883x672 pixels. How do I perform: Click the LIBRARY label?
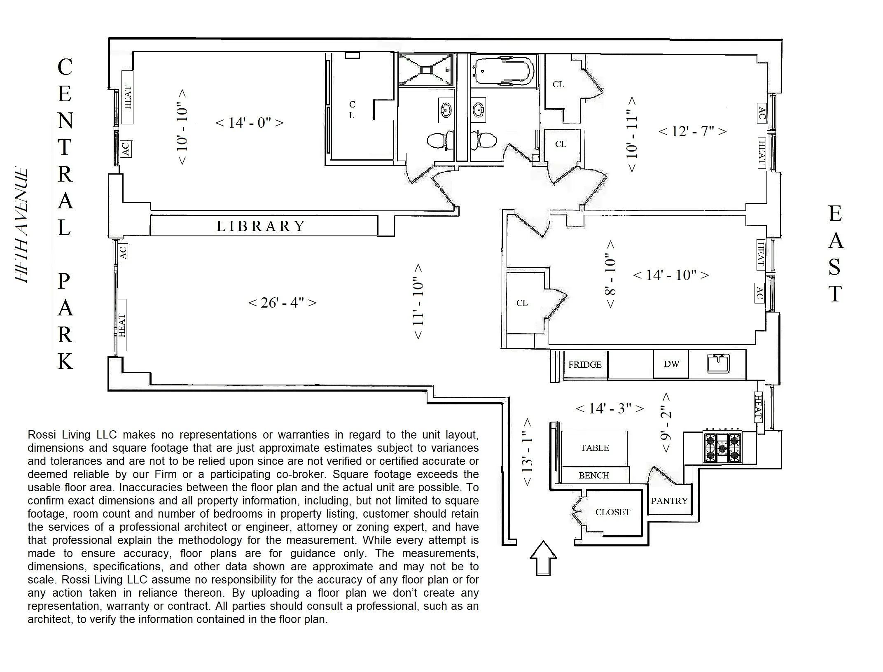[261, 226]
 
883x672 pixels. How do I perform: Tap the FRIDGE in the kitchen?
[584, 365]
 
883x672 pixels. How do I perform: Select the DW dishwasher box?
[671, 364]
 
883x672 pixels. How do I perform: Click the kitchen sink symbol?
[718, 364]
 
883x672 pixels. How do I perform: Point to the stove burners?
[722, 448]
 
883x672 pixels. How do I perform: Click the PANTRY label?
[669, 501]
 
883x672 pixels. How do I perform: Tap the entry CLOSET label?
[612, 512]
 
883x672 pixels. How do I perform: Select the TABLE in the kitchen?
[594, 448]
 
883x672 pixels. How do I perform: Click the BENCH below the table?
[593, 476]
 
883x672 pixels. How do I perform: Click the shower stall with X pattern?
[425, 70]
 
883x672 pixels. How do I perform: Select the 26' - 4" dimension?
[283, 303]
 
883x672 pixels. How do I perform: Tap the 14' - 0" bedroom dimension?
[250, 123]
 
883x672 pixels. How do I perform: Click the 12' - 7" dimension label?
[692, 131]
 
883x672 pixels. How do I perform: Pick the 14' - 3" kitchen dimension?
[610, 408]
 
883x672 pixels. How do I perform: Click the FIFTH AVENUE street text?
[21, 225]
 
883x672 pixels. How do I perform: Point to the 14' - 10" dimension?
[670, 275]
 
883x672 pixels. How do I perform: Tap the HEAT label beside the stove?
[758, 406]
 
